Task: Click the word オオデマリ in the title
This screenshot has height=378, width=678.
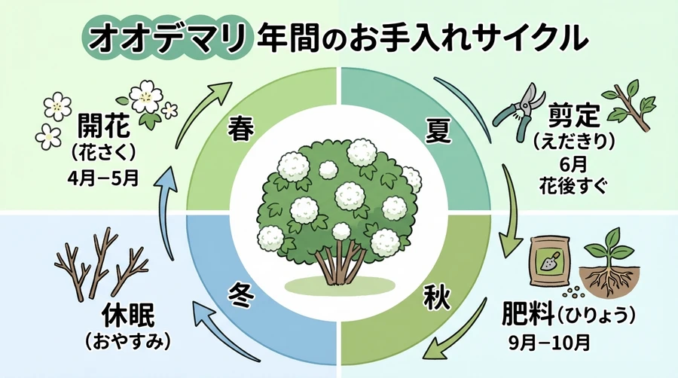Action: coord(168,37)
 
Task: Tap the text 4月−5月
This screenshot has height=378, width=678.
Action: coord(105,180)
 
